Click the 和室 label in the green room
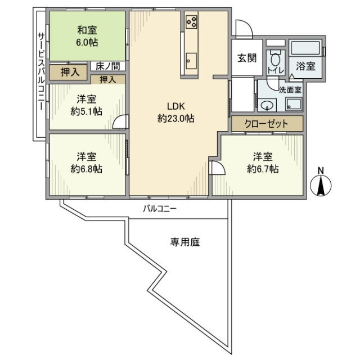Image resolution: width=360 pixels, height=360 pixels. coord(87,30)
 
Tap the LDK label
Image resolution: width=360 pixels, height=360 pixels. coord(176,106)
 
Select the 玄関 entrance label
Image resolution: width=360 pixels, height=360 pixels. coord(247,58)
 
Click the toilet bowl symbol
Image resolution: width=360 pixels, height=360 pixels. coord(276,58)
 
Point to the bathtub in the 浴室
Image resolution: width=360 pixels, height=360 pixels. coord(305,48)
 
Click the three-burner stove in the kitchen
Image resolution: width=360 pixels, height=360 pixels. coord(191,22)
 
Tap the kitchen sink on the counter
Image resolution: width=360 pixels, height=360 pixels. coord(191,61)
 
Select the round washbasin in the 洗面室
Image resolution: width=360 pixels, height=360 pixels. coord(267,105)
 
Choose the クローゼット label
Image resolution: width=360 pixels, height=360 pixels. coord(266,124)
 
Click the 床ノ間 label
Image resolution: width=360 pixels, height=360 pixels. coord(107,66)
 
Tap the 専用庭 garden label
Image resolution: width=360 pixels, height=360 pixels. coord(185,242)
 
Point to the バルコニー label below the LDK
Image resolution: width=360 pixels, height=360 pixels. coord(160,209)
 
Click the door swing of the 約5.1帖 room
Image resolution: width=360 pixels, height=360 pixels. coord(120,121)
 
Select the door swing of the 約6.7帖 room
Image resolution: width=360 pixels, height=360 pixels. coord(218,168)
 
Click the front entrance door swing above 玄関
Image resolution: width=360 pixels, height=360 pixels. coord(244,29)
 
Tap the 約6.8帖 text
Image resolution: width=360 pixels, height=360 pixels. coord(86,169)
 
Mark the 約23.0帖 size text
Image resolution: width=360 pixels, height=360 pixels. coord(176,119)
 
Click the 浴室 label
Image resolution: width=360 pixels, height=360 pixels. coord(305,66)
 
